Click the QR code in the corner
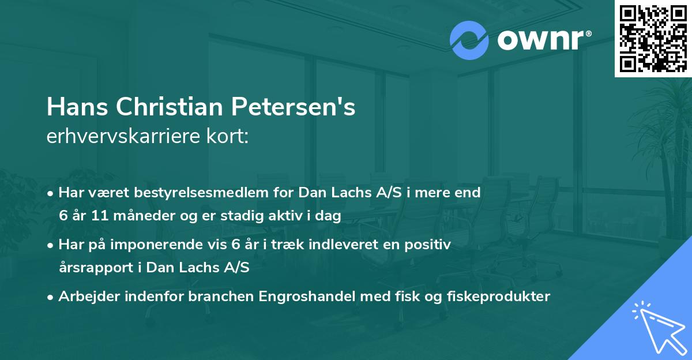tap(653, 39)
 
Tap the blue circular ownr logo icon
tap(469, 40)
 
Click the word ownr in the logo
tap(539, 40)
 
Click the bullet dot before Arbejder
tap(51, 297)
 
